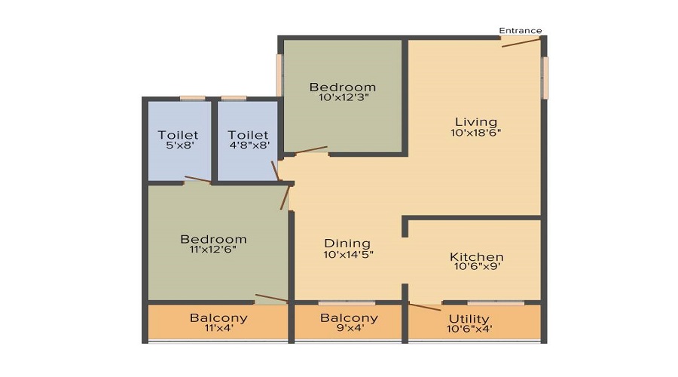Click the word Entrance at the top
click(521, 31)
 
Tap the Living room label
click(475, 121)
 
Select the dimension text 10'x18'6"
click(476, 133)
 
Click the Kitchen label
click(476, 257)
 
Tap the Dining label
click(347, 243)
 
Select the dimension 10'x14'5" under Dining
click(348, 254)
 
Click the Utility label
click(469, 319)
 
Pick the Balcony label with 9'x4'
click(349, 318)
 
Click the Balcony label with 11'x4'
click(218, 318)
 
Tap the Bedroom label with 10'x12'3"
click(343, 87)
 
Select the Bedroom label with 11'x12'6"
click(213, 240)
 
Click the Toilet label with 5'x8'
click(179, 136)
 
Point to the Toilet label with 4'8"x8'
click(249, 136)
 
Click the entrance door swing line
click(521, 43)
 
